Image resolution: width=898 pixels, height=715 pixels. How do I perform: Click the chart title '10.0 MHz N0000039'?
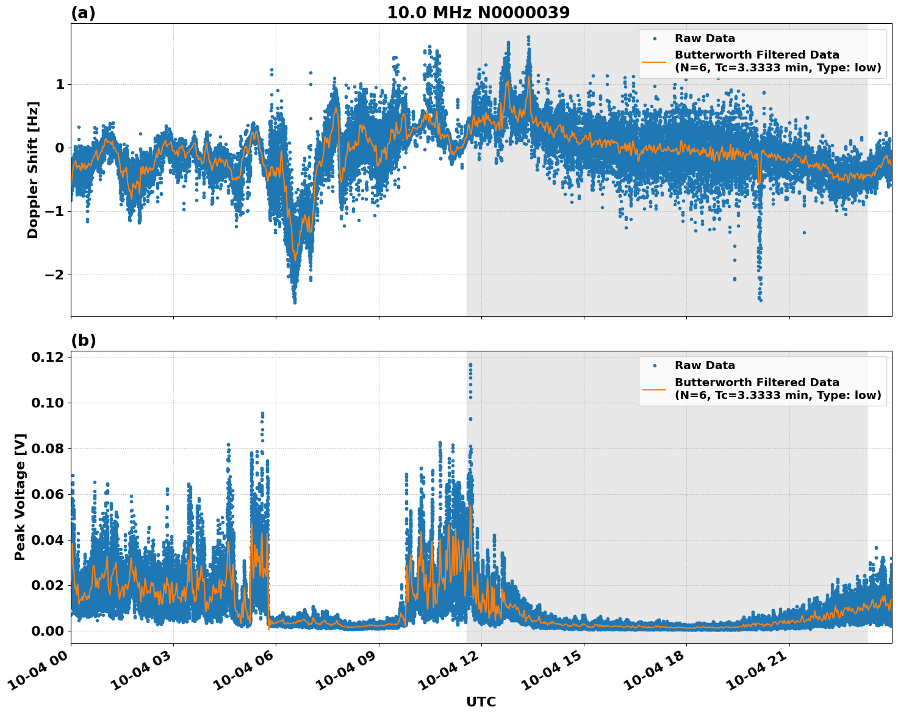[x=478, y=13]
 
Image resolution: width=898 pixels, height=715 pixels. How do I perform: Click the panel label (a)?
[x=83, y=13]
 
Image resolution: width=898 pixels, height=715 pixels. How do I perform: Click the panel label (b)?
[x=83, y=340]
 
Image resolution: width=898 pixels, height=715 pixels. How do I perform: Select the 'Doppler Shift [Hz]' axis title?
[x=33, y=170]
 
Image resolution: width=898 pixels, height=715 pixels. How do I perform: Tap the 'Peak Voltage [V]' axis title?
[x=20, y=497]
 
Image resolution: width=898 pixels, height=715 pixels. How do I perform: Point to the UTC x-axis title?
[x=481, y=702]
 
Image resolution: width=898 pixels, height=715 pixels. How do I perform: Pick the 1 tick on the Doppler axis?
[x=60, y=84]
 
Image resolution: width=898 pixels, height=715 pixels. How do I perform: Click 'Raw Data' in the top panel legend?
[x=705, y=39]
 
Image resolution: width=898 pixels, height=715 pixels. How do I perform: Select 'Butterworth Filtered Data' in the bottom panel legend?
[x=756, y=383]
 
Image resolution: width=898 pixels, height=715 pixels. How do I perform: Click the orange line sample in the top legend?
[x=654, y=61]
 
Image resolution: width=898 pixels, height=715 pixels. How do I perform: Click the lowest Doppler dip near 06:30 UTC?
[x=295, y=301]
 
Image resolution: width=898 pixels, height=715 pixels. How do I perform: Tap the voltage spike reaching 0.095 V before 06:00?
[x=262, y=414]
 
